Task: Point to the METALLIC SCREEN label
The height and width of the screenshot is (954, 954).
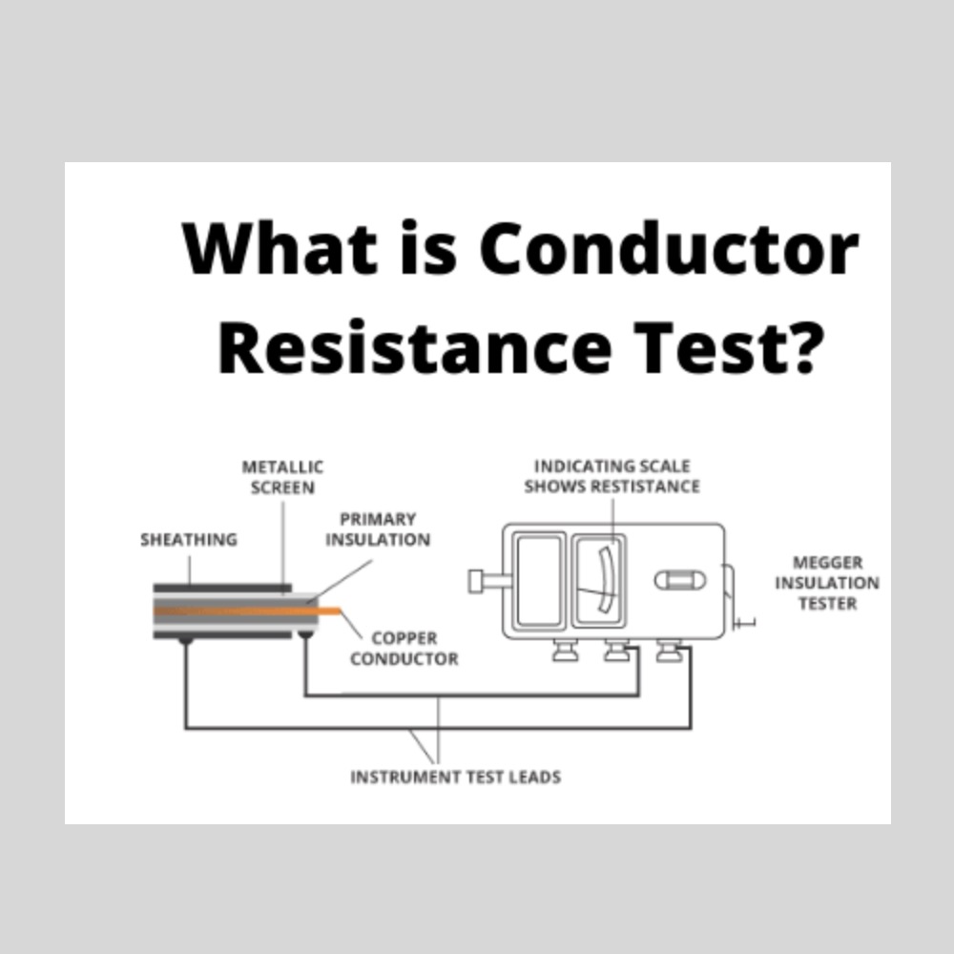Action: point(282,477)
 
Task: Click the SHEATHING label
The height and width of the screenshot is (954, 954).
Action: point(188,540)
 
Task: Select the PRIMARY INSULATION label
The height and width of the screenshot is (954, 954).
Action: point(378,529)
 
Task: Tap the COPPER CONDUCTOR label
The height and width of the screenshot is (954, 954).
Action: point(404,648)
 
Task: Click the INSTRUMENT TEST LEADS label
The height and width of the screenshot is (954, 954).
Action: point(455,777)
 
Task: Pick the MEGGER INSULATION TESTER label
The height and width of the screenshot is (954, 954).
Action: point(826,582)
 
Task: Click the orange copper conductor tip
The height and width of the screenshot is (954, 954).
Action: point(329,611)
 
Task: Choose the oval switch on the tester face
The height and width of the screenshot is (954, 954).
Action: point(680,579)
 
